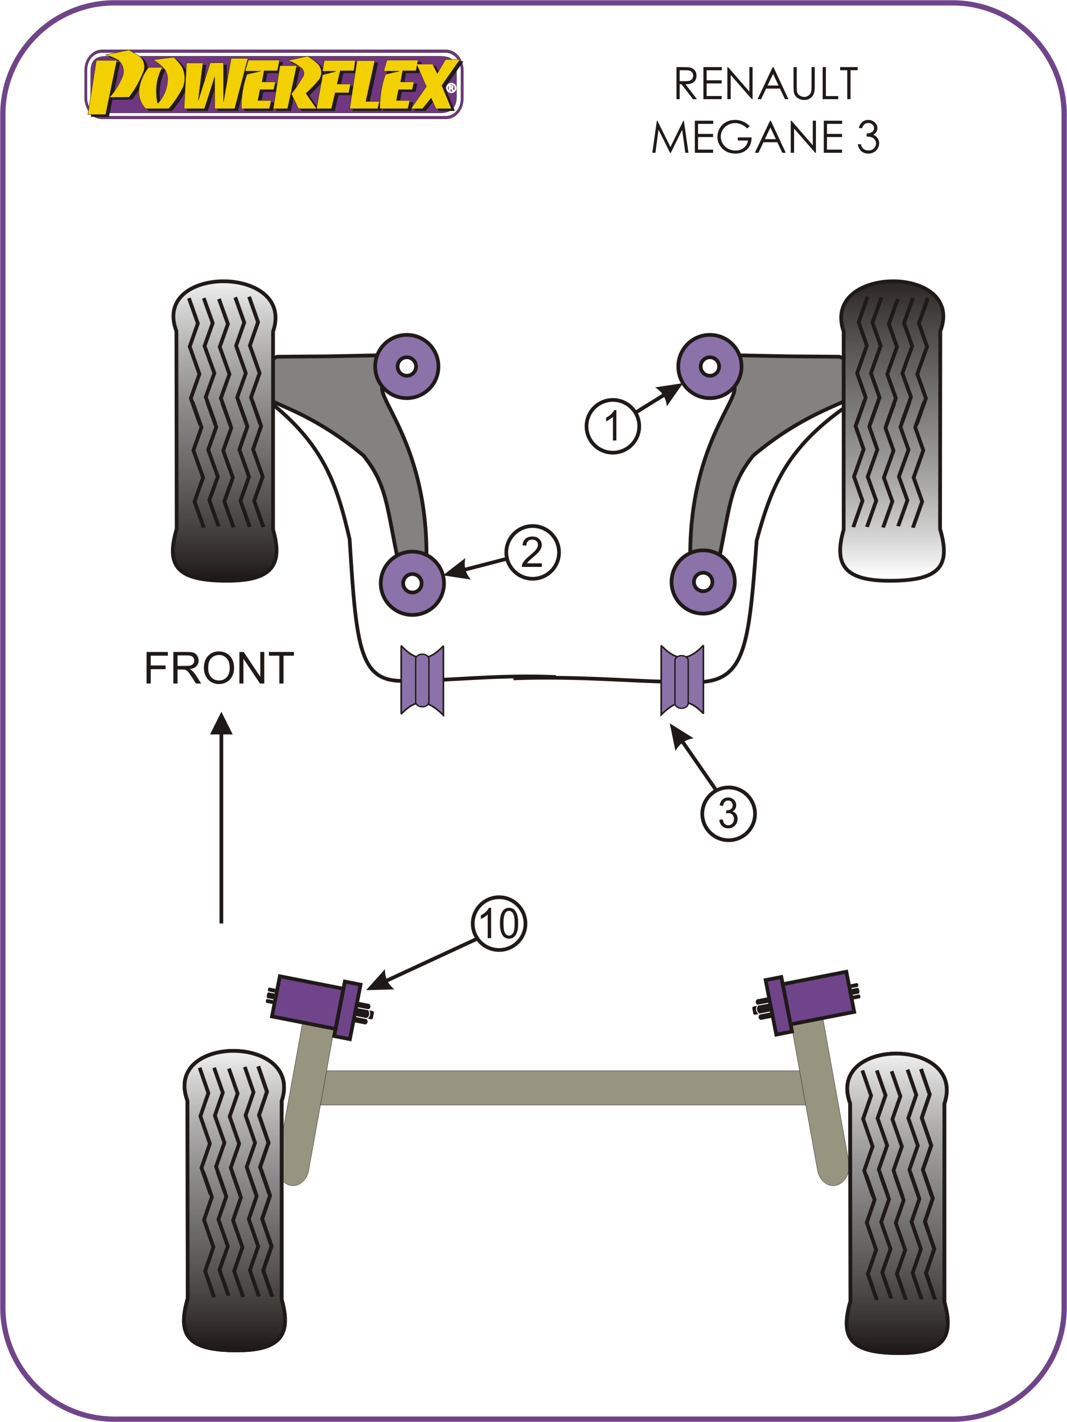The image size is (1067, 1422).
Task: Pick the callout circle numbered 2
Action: (532, 552)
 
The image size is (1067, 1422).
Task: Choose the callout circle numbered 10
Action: (499, 924)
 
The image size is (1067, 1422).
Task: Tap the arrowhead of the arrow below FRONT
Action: (221, 723)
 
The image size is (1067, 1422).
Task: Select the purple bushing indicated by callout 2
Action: (412, 583)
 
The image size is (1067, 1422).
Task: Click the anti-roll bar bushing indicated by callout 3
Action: (682, 680)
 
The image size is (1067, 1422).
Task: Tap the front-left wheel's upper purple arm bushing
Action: (406, 366)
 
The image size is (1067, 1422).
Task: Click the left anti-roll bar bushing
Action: (422, 680)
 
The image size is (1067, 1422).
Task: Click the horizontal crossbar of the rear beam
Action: (562, 1088)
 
